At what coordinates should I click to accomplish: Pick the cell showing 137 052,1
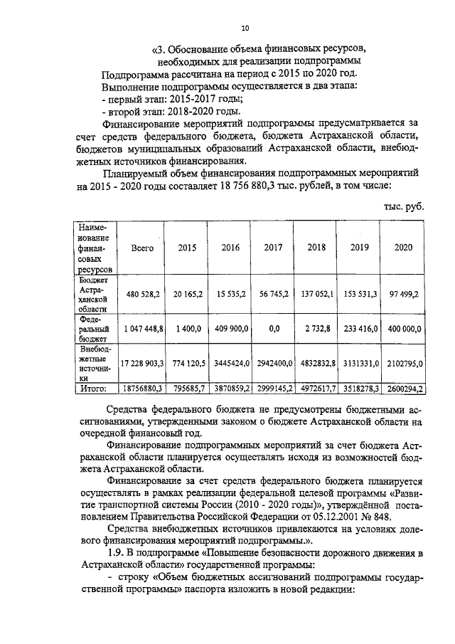tap(316, 293)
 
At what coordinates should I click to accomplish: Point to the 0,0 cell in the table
tap(273, 329)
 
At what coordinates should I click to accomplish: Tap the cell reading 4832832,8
tap(316, 363)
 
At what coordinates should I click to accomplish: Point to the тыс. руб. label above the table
tap(402, 206)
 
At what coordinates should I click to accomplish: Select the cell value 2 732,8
tap(316, 329)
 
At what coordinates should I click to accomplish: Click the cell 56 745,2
tap(273, 293)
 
